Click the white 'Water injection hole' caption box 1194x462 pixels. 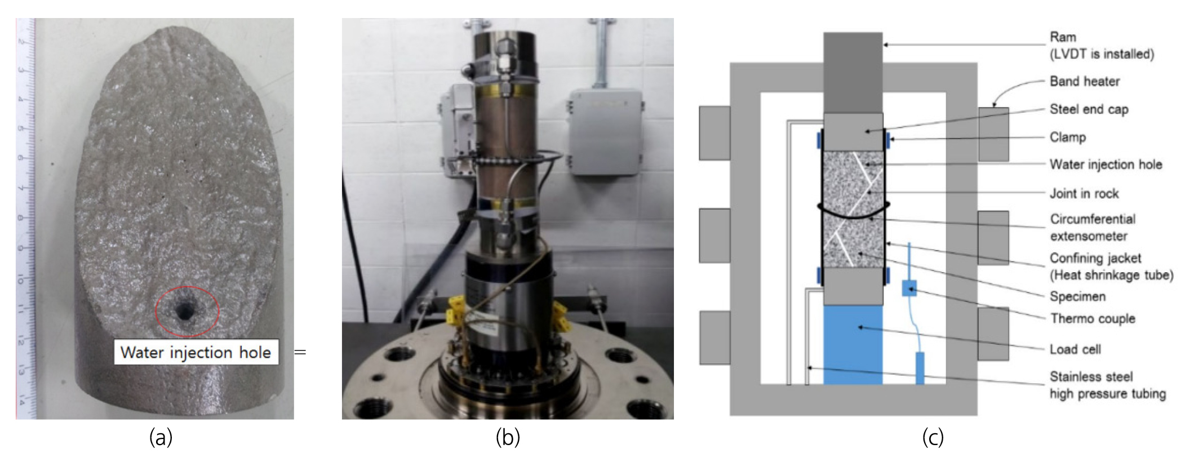pos(196,352)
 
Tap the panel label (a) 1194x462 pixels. pos(161,437)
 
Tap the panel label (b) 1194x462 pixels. pos(508,437)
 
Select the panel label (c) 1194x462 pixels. pos(933,437)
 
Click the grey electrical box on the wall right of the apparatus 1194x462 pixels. pos(606,131)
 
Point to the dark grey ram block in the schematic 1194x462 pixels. pos(853,73)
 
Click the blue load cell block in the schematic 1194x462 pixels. pos(853,345)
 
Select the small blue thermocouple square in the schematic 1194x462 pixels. pos(909,288)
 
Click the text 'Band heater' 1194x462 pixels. pos(1084,81)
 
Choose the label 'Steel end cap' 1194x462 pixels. pos(1089,109)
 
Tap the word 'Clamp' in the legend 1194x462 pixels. pos(1067,137)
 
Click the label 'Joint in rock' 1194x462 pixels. pos(1084,193)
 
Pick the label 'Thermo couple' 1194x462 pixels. pos(1092,318)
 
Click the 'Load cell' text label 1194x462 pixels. pos(1075,349)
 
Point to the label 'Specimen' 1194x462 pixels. pos(1077,296)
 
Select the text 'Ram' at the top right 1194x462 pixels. pos(1062,37)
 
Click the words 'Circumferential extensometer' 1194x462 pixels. pos(1092,228)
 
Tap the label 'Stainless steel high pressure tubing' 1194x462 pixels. pos(1107,385)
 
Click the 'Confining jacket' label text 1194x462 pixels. pos(1095,258)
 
